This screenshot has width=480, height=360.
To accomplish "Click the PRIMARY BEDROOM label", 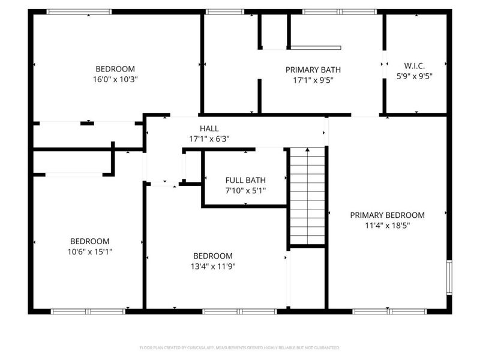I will point(387,215).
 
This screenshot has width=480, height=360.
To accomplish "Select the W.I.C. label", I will point(415,65).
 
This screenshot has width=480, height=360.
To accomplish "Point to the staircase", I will point(307,196).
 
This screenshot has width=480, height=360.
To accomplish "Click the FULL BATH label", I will point(245,180).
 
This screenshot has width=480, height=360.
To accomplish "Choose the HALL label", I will point(209,128).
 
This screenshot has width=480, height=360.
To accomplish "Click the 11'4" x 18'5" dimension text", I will point(387,226).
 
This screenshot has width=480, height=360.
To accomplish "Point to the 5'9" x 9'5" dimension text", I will point(415,76).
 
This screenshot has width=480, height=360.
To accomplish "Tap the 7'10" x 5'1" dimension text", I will point(245,191).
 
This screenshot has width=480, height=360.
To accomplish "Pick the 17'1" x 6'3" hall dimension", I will point(209,139).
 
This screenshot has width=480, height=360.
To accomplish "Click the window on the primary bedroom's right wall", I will point(448,277).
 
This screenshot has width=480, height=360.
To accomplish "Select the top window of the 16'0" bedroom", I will point(79,11).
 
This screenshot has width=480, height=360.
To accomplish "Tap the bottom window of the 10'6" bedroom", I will point(88,311).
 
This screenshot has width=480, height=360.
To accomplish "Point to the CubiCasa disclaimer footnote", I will point(239,347).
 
